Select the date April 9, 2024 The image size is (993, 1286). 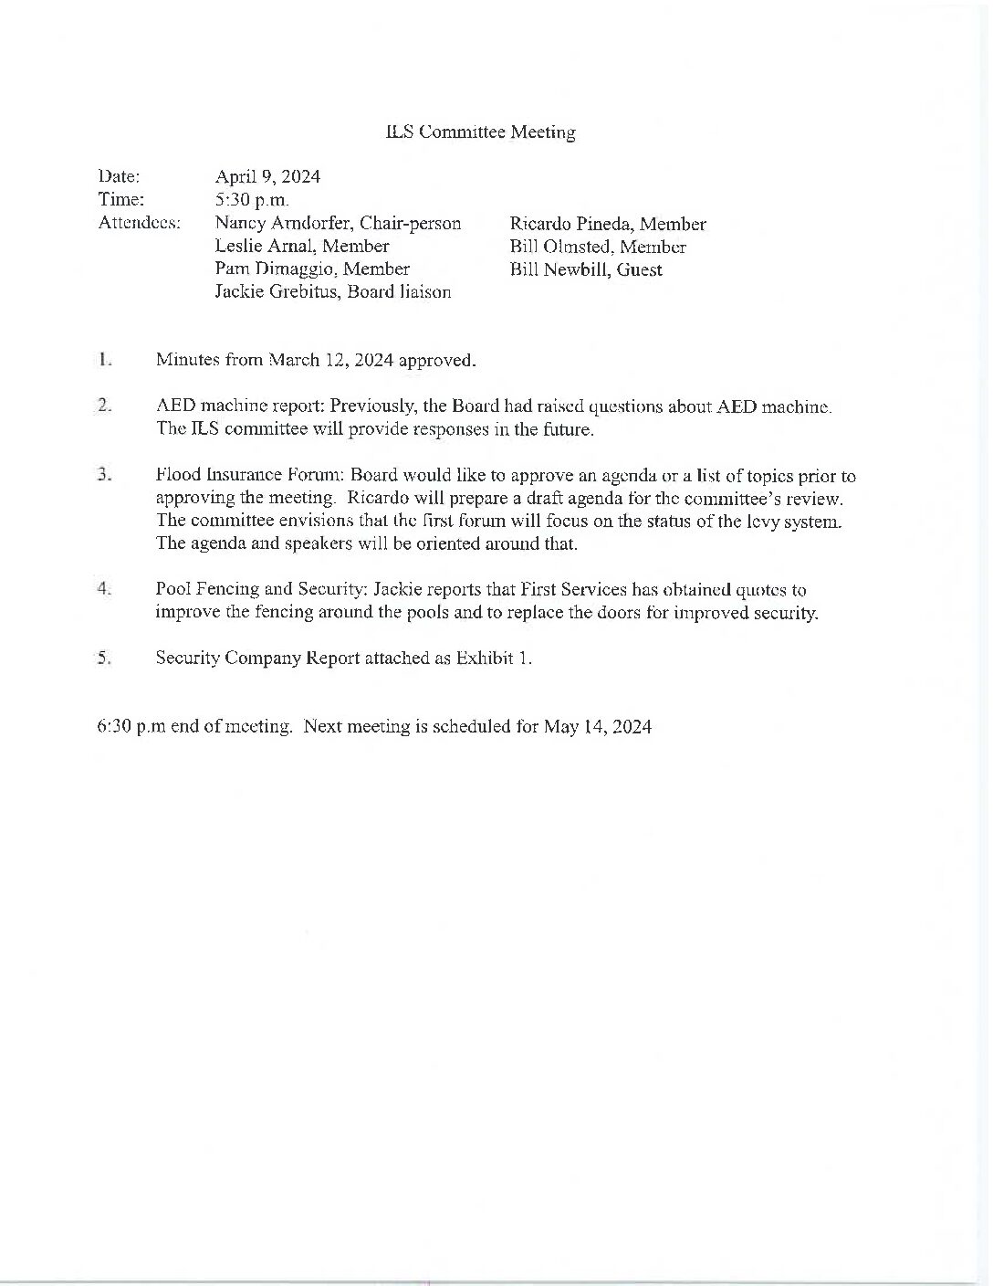[267, 176]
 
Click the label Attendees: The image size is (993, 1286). [139, 223]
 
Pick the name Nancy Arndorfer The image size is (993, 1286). [282, 224]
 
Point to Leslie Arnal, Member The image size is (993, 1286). [302, 247]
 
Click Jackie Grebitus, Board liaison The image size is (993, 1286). [333, 292]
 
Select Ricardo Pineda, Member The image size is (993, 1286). [608, 224]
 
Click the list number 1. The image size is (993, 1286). [106, 359]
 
